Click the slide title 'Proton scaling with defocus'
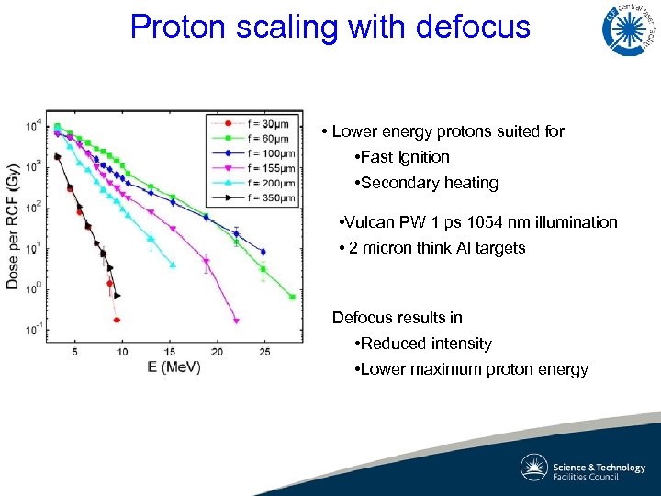click(x=330, y=26)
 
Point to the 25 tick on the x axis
click(x=264, y=352)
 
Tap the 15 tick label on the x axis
click(x=169, y=352)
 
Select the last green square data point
click(x=292, y=297)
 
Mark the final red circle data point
click(x=117, y=321)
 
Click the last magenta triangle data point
click(x=236, y=321)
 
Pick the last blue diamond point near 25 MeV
click(x=263, y=251)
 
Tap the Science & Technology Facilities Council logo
click(x=584, y=468)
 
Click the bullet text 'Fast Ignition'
click(x=405, y=157)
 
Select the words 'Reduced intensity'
click(x=426, y=344)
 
